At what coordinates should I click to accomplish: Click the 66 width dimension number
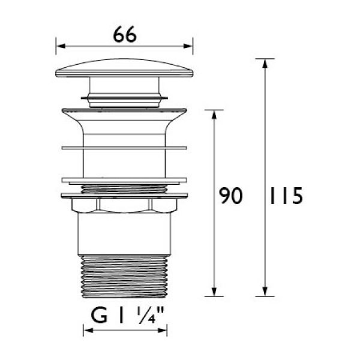pos(125,34)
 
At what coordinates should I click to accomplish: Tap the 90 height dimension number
pos(230,196)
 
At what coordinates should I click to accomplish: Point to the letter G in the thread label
pos(99,316)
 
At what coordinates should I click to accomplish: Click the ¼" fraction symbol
pos(151,316)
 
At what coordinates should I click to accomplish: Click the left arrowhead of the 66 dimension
pos(61,46)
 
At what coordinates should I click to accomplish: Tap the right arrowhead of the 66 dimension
pos(188,46)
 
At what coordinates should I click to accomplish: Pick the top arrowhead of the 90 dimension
pos(214,115)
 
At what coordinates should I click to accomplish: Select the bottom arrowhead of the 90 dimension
pos(214,292)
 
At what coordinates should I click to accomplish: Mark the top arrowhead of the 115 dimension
pos(265,64)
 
